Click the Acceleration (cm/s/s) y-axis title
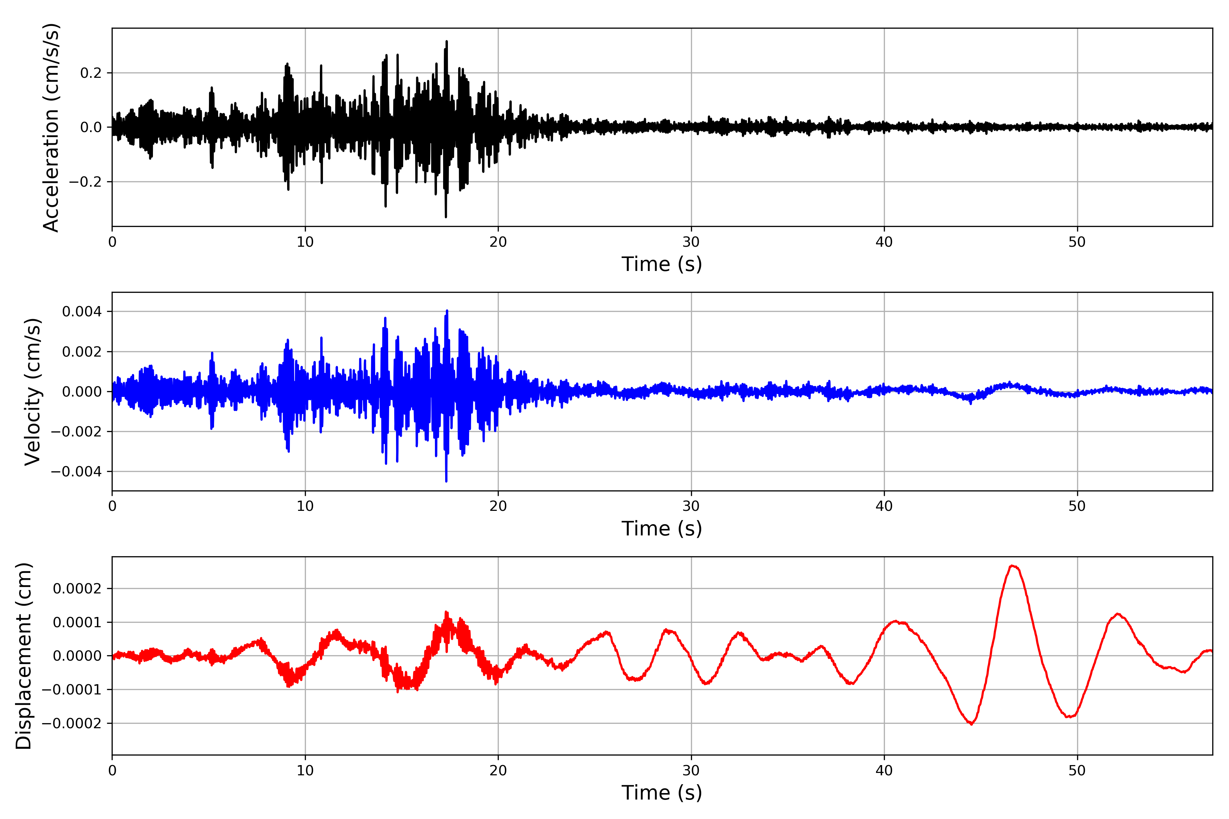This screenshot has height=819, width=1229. point(51,127)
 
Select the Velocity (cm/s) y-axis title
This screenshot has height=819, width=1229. point(32,392)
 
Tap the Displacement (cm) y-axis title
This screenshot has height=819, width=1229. point(24,656)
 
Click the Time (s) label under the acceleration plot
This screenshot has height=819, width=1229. point(662,264)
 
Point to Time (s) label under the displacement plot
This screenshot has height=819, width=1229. point(662,793)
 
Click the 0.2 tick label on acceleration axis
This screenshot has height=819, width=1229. point(91,73)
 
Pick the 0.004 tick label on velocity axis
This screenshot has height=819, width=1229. point(82,312)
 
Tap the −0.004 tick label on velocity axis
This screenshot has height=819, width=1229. point(76,472)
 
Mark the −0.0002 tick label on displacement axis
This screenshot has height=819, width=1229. point(72,723)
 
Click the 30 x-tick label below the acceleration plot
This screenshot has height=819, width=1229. point(691,242)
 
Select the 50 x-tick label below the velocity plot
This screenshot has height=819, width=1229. point(1077,506)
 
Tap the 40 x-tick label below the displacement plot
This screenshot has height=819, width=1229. point(884,771)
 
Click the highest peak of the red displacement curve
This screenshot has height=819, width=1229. point(1012,566)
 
